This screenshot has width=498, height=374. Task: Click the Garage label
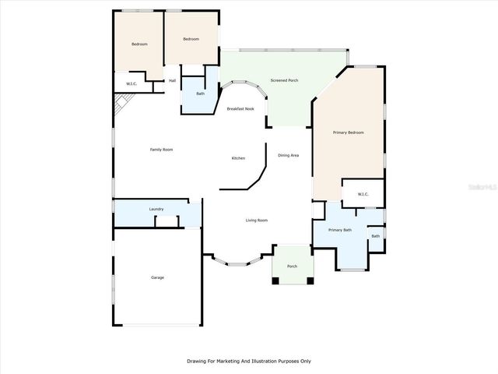coord(157,277)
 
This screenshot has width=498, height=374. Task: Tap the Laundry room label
coord(156,209)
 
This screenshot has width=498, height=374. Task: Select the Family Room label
coord(161,149)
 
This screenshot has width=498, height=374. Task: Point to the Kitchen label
coord(238,158)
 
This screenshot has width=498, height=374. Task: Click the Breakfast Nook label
coord(240,109)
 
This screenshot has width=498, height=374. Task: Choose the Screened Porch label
coord(284,80)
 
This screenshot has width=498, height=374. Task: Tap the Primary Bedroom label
coord(348,132)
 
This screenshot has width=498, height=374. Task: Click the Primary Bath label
coord(340,230)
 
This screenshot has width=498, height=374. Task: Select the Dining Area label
coord(289,155)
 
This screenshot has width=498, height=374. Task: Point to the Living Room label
coord(258,221)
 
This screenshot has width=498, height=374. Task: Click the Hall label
coord(172,80)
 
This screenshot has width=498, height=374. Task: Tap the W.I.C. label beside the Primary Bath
coord(363,194)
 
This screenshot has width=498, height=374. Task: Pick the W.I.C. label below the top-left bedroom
coord(131,84)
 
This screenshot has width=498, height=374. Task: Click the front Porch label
coord(293,266)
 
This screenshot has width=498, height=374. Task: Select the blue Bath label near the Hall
coord(200,93)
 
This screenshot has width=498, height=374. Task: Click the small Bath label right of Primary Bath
coord(376,236)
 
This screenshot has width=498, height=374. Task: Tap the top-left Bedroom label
coord(139,44)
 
